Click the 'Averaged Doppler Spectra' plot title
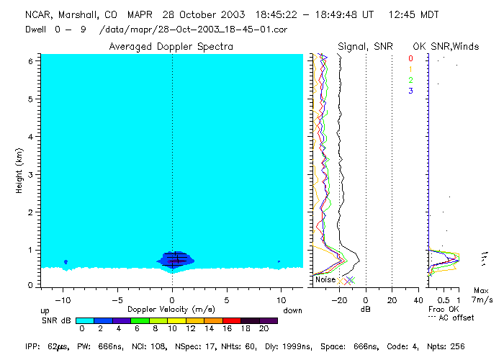click(171, 47)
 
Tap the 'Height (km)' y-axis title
click(17, 171)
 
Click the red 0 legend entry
click(410, 58)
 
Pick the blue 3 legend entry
click(410, 91)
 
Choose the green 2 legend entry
click(410, 80)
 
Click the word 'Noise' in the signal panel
click(325, 279)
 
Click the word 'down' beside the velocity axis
click(293, 310)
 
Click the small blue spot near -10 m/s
click(66, 261)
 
